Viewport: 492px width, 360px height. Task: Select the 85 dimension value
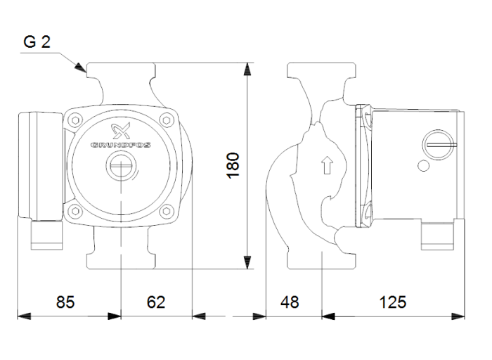click(x=65, y=302)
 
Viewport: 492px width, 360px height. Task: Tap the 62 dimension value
click(x=156, y=302)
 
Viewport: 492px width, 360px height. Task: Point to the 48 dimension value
click(x=289, y=302)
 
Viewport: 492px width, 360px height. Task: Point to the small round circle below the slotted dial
click(x=423, y=167)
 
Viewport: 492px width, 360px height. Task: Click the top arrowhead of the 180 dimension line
click(x=247, y=68)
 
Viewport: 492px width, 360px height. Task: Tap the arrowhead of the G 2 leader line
click(x=82, y=70)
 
